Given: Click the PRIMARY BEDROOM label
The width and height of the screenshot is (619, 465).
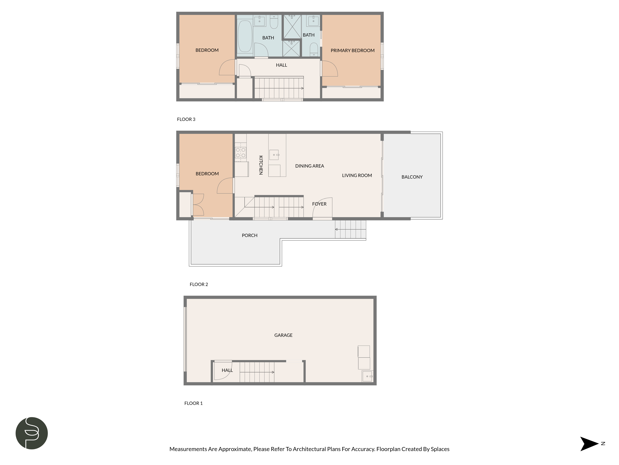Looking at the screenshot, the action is click(x=352, y=50).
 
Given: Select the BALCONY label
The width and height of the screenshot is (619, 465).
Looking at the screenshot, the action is click(x=412, y=177).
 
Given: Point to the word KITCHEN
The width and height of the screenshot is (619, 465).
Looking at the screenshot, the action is click(x=261, y=165).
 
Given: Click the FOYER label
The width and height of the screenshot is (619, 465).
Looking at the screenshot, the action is click(x=319, y=204).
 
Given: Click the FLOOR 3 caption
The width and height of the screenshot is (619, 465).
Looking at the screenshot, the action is click(x=186, y=119).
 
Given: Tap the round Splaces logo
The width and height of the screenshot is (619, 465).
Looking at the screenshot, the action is click(x=32, y=433).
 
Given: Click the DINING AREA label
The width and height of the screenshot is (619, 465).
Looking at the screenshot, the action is click(x=309, y=166).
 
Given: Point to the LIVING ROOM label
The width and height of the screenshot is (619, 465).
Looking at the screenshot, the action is click(x=357, y=175).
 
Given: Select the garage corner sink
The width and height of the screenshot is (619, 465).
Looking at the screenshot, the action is click(x=367, y=376).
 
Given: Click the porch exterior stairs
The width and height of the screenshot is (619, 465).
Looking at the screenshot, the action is click(x=351, y=229).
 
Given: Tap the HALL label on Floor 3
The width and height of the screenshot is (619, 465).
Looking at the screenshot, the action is click(x=281, y=65).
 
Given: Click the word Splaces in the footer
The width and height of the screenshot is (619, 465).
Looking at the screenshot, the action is click(x=440, y=449).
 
